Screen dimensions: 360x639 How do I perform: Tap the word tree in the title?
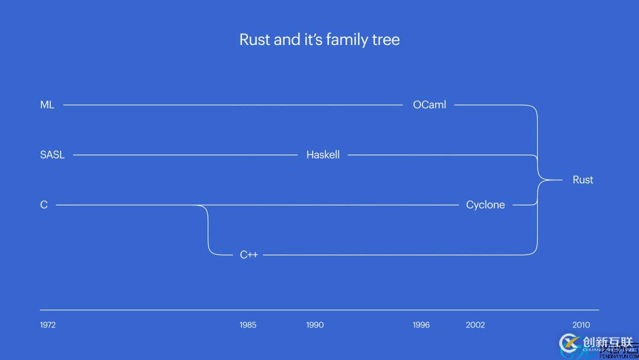tap(388, 40)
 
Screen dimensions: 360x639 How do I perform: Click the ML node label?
tap(47, 105)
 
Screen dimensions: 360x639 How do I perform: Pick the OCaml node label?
tap(430, 105)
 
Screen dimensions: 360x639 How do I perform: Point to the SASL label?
tap(52, 155)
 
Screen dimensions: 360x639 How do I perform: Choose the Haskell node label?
tap(323, 155)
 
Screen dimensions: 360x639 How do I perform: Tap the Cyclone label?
tap(485, 205)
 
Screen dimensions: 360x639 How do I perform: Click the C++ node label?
tap(248, 255)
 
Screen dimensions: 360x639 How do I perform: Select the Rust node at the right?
tap(583, 180)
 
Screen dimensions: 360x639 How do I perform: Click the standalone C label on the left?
tap(44, 205)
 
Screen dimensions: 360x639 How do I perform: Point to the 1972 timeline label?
tap(48, 324)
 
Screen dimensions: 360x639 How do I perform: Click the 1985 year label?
tap(248, 324)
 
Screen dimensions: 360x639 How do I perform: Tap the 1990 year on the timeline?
tap(315, 324)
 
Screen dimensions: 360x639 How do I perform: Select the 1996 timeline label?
tap(421, 324)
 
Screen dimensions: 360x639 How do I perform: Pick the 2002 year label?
tap(475, 324)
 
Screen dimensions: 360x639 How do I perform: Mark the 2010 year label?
tap(581, 324)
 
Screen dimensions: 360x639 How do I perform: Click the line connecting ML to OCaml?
tap(231, 105)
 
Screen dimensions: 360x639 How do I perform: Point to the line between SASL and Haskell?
tap(183, 155)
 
